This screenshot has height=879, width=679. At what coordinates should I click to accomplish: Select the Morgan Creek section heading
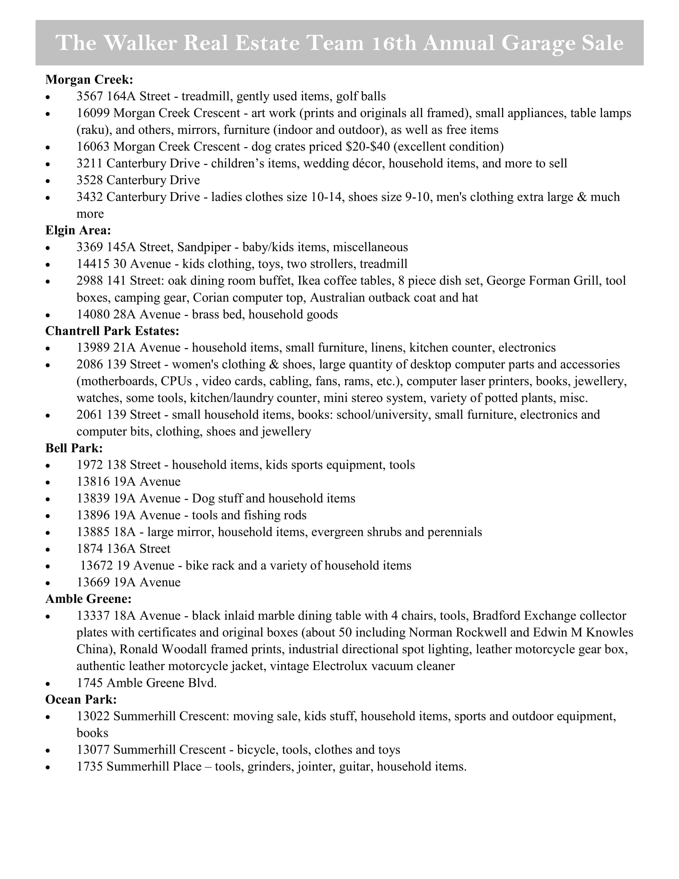(x=89, y=80)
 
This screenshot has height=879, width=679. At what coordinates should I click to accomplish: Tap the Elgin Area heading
(x=77, y=230)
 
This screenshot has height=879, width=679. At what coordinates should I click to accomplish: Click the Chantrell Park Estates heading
(x=112, y=331)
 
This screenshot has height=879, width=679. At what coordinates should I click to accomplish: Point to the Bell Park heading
(x=73, y=448)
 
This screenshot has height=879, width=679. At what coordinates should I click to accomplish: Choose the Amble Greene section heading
(x=88, y=599)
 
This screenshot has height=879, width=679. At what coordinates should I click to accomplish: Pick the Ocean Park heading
(x=81, y=700)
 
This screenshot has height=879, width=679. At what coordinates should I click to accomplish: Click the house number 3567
(x=90, y=97)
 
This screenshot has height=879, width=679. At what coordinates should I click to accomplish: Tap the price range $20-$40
(x=367, y=147)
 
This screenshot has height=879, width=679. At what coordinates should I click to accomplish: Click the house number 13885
(x=93, y=532)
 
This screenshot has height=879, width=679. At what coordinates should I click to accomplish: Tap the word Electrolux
(x=340, y=666)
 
